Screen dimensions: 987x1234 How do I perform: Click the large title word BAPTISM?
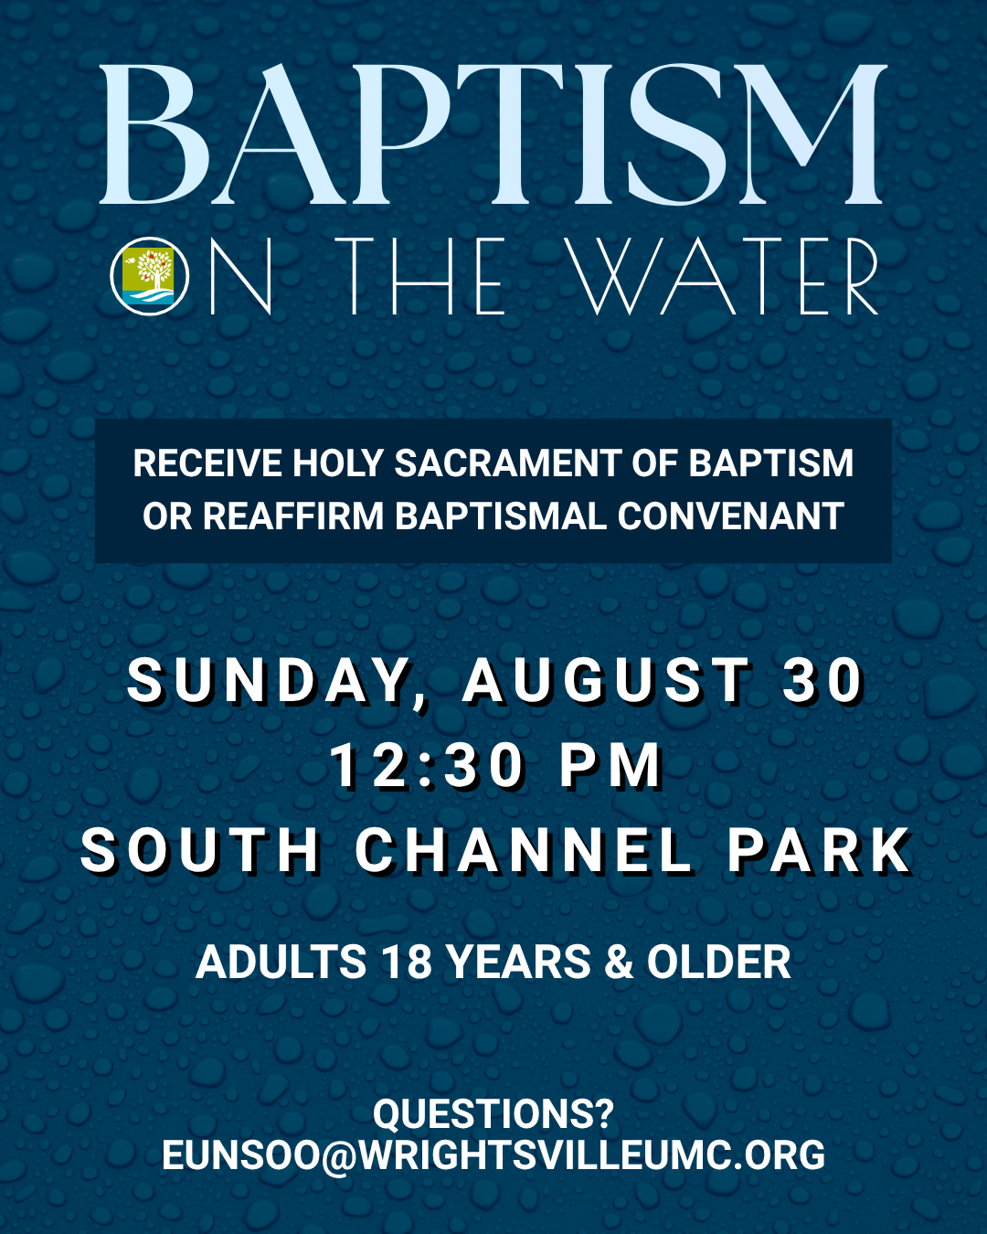tap(493, 134)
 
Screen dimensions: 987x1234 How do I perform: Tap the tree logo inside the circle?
tap(149, 276)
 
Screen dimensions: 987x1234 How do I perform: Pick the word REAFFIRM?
tap(292, 516)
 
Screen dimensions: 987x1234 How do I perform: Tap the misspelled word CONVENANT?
tap(730, 516)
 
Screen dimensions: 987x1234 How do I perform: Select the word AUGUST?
tap(607, 681)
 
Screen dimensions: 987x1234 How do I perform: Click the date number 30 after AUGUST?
tap(824, 681)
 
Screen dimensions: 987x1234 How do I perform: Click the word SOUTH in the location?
tap(200, 850)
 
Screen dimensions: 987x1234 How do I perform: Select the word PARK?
tap(820, 850)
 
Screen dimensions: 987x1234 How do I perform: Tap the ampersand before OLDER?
tap(618, 962)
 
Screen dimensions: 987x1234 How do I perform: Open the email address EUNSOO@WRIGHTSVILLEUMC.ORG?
tap(493, 1154)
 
